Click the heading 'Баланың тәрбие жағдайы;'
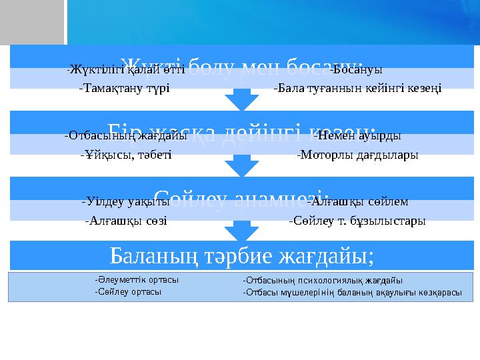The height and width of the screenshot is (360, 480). pos(241,255)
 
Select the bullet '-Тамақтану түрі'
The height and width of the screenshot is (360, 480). pos(124,87)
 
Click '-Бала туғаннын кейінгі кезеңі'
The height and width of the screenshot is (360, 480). pos(357,87)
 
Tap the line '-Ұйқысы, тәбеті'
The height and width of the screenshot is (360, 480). pos(125,155)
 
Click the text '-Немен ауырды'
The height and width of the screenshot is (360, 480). pos(357,136)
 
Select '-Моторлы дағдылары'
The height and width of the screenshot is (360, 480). pos(357,155)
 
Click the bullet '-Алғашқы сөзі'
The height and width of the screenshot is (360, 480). pos(126,220)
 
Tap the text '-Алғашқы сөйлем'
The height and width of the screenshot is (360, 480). pos(358,201)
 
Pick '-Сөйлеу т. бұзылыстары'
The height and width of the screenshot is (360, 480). pos(357,220)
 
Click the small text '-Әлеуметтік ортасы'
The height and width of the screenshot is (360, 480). pos(137,281)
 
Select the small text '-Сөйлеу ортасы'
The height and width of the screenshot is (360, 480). pos(128,291)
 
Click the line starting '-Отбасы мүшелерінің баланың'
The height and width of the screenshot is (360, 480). pos(352,292)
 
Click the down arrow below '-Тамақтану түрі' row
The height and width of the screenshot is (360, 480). pos(241,100)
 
